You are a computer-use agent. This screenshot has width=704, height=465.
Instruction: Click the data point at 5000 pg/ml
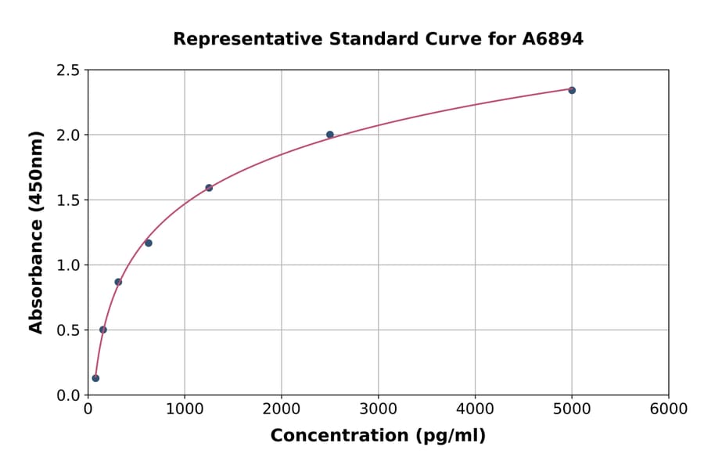[x=572, y=90]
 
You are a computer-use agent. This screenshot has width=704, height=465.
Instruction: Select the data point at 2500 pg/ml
[x=330, y=135]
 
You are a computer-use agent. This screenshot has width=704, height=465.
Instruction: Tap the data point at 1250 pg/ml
[x=209, y=188]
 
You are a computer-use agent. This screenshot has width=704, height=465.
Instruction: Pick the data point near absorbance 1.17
[x=149, y=243]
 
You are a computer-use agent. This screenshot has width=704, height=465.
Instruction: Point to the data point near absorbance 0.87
[x=118, y=282]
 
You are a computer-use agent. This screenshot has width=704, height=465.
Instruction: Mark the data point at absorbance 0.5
[x=103, y=330]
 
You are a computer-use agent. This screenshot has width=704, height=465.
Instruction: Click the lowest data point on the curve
[x=95, y=378]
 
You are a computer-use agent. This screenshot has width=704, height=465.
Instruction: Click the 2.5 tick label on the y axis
[x=67, y=70]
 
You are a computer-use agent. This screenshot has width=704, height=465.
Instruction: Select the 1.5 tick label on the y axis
[x=67, y=200]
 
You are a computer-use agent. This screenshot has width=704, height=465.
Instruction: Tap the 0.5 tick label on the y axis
[x=67, y=330]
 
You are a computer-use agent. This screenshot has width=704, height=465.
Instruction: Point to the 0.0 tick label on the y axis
[x=67, y=395]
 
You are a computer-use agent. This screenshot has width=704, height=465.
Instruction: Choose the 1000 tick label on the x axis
[x=185, y=409]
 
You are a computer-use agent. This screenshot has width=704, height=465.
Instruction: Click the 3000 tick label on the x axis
[x=379, y=409]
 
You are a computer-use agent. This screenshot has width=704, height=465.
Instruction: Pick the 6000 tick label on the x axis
[x=669, y=409]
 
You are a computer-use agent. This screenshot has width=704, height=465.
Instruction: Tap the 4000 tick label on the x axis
[x=476, y=409]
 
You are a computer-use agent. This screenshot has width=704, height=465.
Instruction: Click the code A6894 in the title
[x=553, y=39]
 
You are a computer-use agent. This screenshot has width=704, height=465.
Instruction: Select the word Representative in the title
[x=235, y=39]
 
